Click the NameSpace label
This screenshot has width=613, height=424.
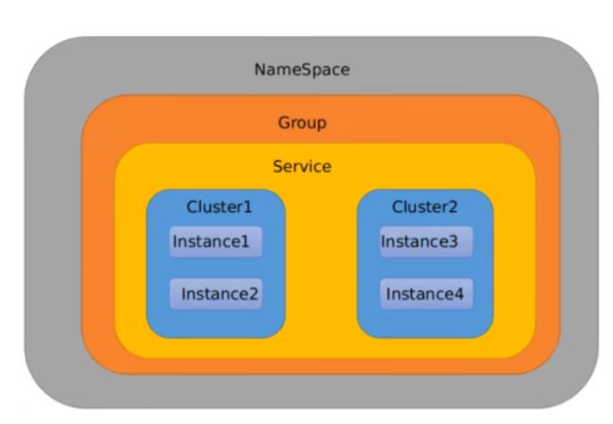pos(302,70)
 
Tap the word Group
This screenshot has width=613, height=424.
pos(302,123)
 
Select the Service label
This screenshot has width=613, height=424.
pos(302,167)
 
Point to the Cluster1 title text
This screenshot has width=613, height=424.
pos(220,206)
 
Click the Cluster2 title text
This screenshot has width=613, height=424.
pos(424,206)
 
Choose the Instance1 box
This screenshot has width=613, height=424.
pos(216,241)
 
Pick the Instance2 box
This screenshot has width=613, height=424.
pos(216,294)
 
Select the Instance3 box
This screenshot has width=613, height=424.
pos(426,241)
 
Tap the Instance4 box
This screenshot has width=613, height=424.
pos(426,294)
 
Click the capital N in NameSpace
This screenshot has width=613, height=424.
pos(260,70)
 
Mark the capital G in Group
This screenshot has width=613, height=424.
pos(284,122)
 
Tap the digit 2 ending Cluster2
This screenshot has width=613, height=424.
pos(453,207)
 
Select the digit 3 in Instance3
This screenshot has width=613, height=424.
pos(453,241)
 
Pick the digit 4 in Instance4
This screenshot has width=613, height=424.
pos(458,294)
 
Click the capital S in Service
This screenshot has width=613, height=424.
pos(278,167)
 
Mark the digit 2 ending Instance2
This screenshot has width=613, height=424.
pos(254,294)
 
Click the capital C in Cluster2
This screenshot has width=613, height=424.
pos(398,207)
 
